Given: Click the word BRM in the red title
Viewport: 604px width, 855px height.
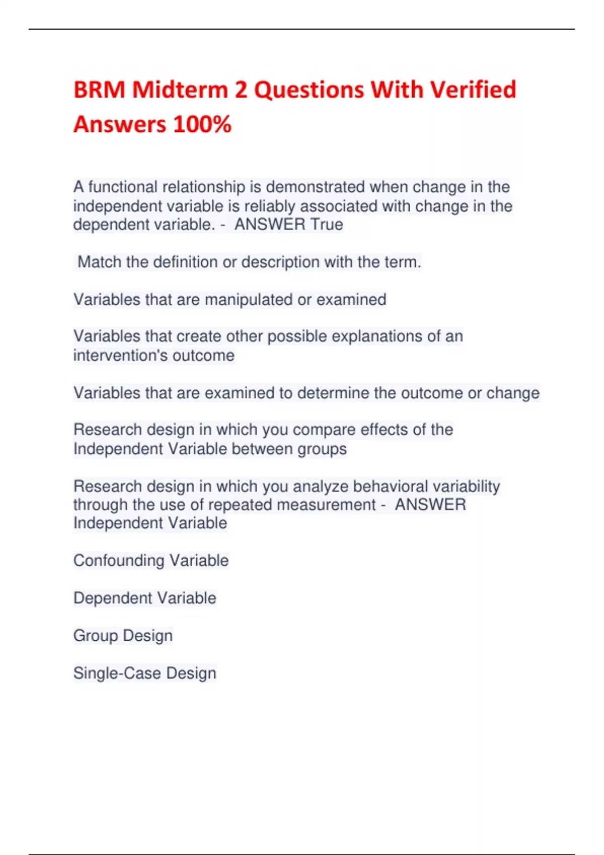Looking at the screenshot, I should point(99,90).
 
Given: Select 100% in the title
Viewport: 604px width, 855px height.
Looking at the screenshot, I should point(202,124).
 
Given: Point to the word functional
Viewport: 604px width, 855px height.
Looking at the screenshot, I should point(123,187).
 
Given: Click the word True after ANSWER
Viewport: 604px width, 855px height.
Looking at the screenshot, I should point(327,224).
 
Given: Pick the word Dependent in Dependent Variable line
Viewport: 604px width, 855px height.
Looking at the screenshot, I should point(106,598).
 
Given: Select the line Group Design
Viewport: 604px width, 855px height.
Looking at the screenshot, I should point(123,636).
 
